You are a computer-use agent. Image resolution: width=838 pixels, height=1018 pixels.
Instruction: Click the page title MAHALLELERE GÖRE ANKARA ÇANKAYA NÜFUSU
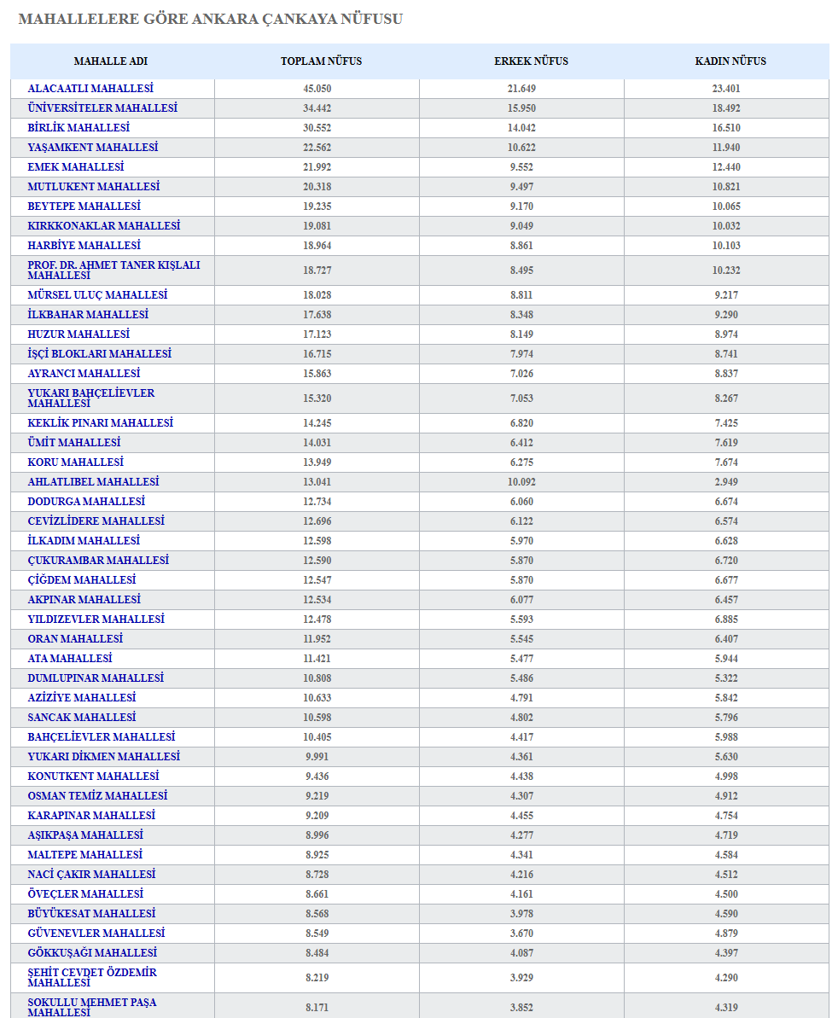[210, 19]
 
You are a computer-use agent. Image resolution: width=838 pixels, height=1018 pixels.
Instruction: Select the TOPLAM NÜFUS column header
[321, 61]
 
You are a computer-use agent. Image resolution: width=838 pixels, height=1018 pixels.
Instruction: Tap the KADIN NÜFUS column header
[730, 61]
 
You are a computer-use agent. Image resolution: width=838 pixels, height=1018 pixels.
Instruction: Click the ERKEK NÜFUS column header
[531, 61]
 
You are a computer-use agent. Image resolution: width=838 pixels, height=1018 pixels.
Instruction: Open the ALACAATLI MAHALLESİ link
[90, 89]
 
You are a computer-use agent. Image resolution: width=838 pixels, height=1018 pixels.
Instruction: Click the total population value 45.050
[317, 89]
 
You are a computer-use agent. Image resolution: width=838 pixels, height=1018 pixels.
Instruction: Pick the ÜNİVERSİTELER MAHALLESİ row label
[102, 108]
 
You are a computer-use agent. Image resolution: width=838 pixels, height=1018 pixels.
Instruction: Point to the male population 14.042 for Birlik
[522, 128]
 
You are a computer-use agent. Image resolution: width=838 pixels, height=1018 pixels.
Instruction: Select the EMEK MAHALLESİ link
[75, 167]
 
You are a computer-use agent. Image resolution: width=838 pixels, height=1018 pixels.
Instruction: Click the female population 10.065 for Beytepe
[726, 207]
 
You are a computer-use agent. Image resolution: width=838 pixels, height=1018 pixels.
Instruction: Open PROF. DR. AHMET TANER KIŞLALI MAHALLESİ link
[113, 270]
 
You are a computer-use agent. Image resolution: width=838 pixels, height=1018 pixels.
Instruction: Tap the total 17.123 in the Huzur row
[317, 334]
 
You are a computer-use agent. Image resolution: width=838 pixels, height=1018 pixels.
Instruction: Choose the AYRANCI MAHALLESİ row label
[84, 374]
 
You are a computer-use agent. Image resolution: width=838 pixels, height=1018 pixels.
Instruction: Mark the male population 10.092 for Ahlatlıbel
[522, 482]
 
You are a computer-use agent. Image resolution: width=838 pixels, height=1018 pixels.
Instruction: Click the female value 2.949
[726, 482]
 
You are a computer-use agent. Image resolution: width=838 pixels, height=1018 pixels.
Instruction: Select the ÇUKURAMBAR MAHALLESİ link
[98, 561]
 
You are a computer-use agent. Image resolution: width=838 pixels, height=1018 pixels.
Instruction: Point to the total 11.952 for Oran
[317, 639]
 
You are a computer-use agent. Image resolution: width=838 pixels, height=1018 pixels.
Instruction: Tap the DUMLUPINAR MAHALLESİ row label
[96, 678]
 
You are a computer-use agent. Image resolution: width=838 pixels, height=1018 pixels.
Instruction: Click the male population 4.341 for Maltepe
[522, 855]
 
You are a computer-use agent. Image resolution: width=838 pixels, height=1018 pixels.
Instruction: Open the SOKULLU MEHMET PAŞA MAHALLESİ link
[91, 1007]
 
